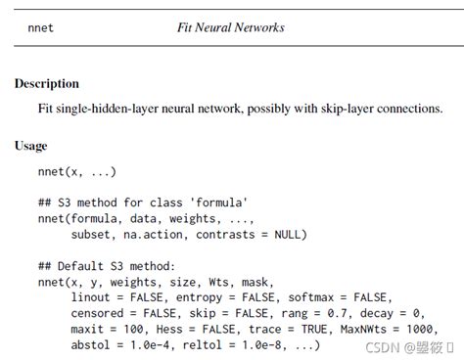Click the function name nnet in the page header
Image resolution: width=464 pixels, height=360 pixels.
[x=42, y=28]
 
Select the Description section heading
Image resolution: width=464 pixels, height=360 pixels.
[x=47, y=84]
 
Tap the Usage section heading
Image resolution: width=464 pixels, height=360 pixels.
[x=30, y=146]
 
